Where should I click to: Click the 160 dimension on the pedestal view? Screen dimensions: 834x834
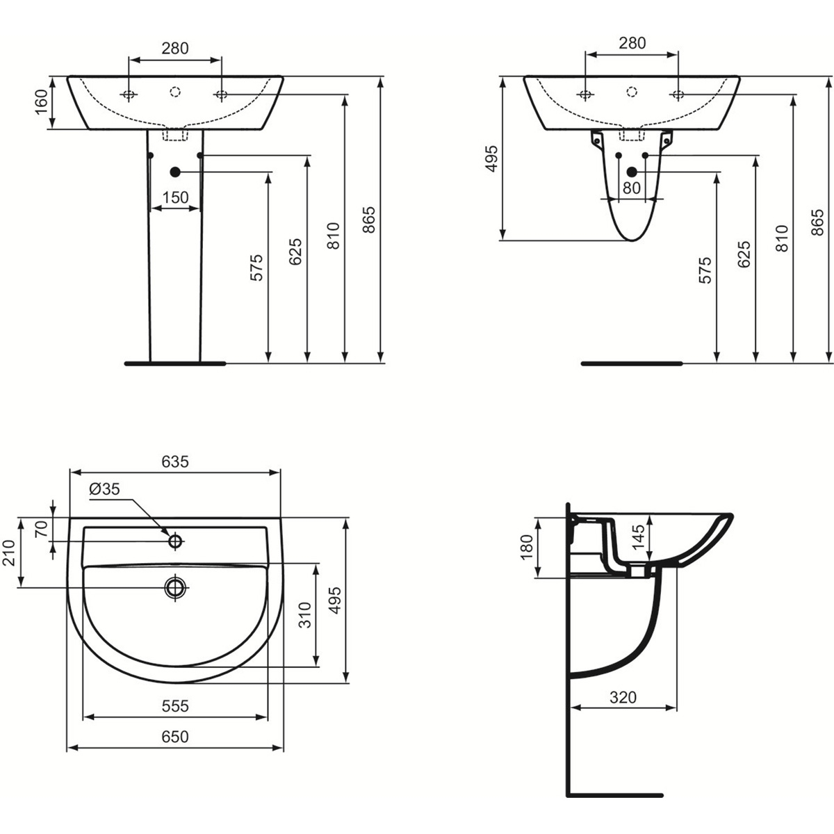(x=42, y=101)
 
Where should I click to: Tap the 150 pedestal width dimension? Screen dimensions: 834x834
(x=175, y=197)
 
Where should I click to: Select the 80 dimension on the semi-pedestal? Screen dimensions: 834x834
(x=632, y=188)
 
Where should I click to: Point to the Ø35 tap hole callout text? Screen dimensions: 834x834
(x=104, y=489)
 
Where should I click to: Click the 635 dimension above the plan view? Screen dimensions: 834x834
(x=175, y=461)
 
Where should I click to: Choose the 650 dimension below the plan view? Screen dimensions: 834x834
(x=175, y=736)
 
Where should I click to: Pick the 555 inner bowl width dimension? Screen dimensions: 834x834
(x=175, y=706)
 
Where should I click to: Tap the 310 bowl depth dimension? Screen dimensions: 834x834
(x=306, y=614)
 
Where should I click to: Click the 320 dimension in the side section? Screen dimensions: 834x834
(x=623, y=697)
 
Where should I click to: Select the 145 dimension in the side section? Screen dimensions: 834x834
(x=639, y=537)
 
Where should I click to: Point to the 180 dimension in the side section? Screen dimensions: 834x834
(x=527, y=547)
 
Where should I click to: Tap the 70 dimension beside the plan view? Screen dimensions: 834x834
(x=41, y=529)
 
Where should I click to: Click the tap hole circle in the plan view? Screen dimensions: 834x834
(x=175, y=541)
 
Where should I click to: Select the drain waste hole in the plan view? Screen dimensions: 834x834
(x=175, y=587)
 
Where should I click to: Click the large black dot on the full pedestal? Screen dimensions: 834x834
(x=175, y=172)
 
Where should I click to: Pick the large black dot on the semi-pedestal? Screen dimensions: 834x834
(x=632, y=172)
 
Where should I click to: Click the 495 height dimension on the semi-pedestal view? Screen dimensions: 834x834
(x=492, y=158)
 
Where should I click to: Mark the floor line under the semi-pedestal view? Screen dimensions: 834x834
(x=632, y=363)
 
